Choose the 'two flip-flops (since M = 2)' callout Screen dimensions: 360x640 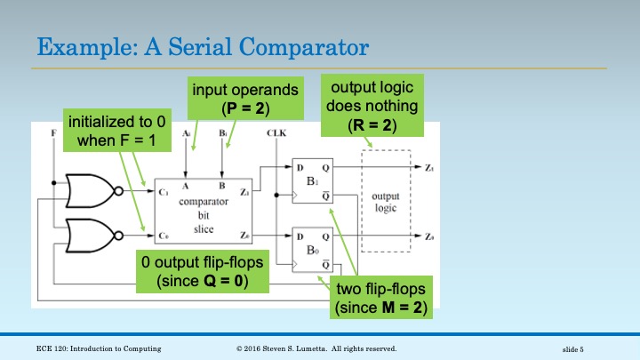381,298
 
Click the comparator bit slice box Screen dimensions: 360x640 208,204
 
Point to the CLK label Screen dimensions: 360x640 276,133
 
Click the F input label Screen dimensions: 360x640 55,133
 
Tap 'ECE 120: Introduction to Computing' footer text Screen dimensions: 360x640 99,348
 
